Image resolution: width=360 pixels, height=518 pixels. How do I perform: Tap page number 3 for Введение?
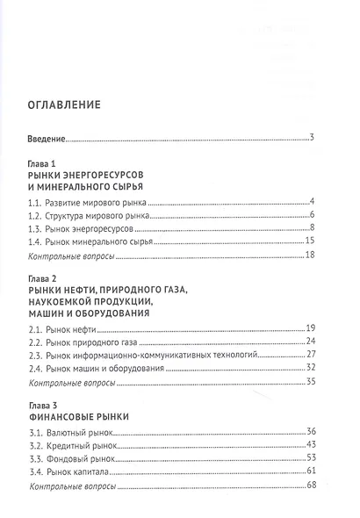point(312,137)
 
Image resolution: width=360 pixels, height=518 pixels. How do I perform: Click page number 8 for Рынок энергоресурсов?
point(312,227)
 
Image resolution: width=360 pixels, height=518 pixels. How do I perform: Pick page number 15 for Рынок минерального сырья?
point(309,240)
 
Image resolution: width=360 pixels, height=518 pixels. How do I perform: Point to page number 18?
point(309,255)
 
